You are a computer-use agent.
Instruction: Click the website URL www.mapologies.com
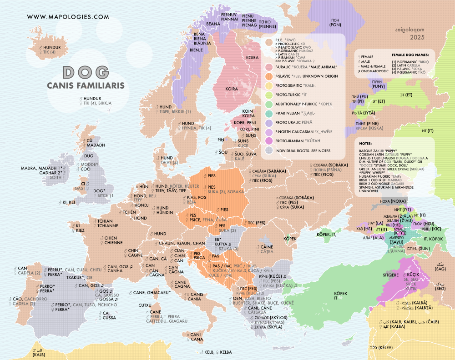[x=68, y=17]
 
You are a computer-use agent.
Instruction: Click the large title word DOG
[x=86, y=72]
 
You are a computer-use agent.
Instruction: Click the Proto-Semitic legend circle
[x=269, y=85]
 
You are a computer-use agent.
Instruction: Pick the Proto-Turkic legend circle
[x=269, y=95]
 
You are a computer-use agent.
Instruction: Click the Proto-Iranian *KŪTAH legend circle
[x=269, y=141]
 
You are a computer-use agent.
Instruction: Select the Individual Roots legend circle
[x=269, y=150]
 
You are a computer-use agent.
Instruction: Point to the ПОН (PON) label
[x=335, y=22]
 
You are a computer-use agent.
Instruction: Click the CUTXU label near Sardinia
[x=145, y=305]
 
